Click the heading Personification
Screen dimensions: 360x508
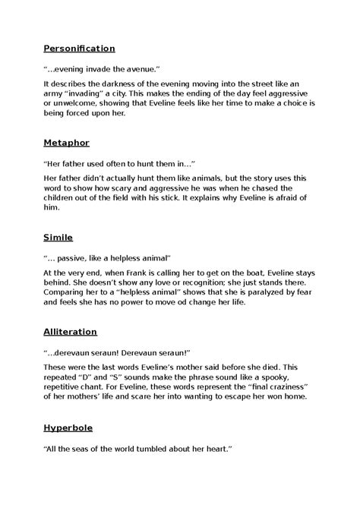click(x=79, y=48)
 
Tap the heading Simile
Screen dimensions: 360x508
click(x=58, y=238)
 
